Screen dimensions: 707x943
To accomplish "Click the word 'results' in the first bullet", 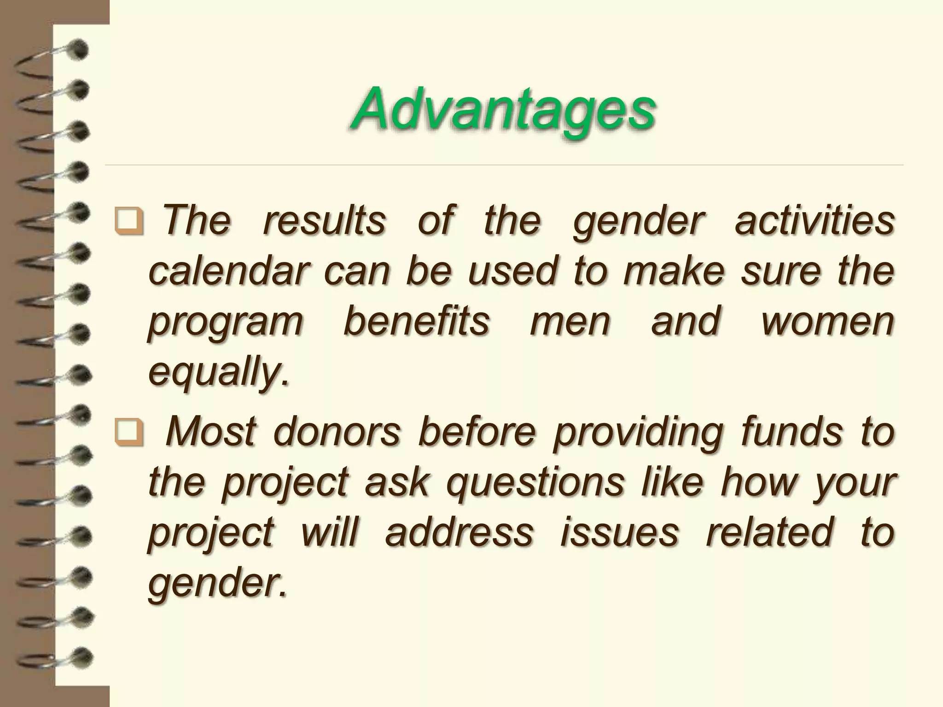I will pos(324,221).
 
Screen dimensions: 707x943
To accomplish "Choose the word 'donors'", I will pos(337,433).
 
